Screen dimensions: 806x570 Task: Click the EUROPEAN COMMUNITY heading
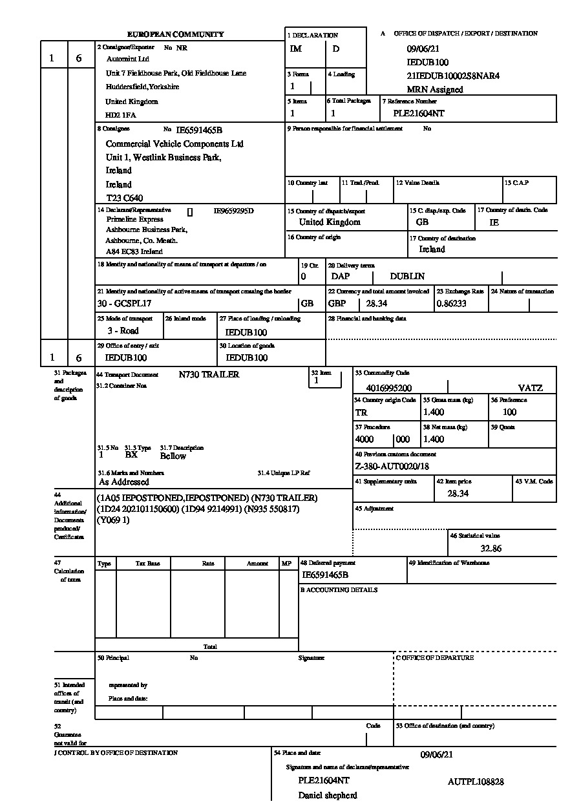(175, 34)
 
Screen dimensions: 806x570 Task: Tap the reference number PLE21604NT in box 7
(419, 113)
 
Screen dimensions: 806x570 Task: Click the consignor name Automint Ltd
(127, 59)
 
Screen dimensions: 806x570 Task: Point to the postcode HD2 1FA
(121, 115)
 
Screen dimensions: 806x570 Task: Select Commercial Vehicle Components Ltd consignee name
(174, 143)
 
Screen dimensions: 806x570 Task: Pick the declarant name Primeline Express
(134, 220)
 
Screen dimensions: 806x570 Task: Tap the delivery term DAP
(341, 276)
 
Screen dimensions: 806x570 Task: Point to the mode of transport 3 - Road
(123, 330)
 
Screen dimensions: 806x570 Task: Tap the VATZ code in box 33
(530, 388)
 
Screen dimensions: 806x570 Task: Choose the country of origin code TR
(361, 412)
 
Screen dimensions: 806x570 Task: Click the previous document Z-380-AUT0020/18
(392, 466)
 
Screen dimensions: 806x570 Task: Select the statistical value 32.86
(491, 548)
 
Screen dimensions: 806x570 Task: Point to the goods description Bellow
(173, 456)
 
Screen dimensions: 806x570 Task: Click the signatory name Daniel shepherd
(327, 795)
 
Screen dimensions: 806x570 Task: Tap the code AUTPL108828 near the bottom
(476, 781)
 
